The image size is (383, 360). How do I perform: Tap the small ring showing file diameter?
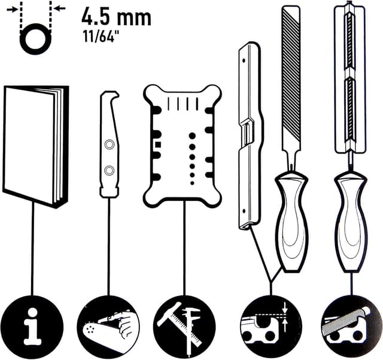[34, 40]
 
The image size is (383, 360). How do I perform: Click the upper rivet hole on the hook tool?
[109, 145]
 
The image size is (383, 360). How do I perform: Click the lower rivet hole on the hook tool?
[109, 171]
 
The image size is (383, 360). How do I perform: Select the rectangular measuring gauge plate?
[182, 145]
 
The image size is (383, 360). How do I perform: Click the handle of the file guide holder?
[351, 221]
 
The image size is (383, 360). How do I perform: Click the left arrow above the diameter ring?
[11, 8]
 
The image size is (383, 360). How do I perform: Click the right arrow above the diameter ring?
[56, 8]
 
